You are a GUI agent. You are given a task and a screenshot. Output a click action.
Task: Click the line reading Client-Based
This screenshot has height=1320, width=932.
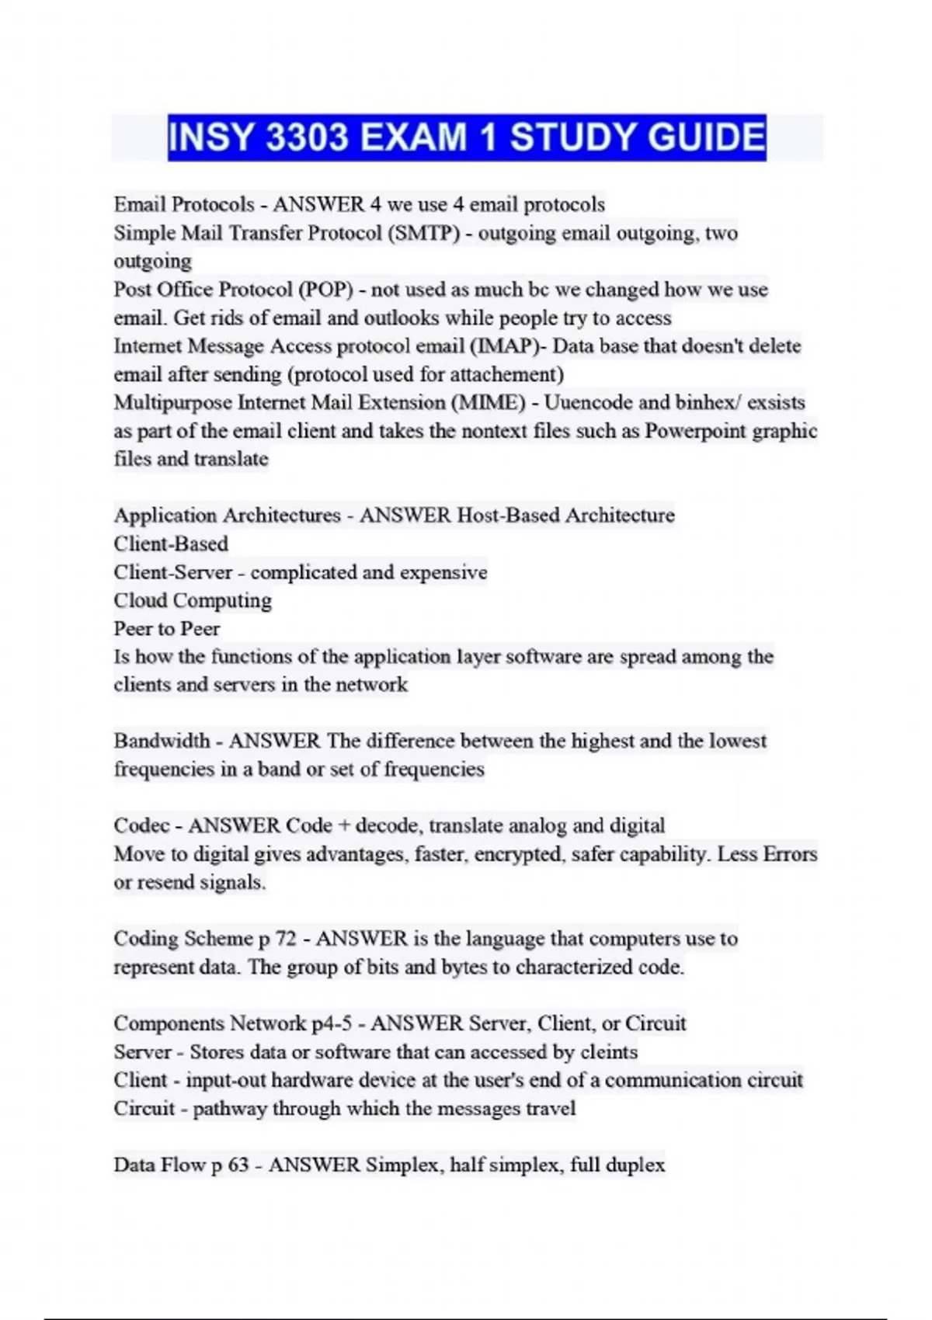171,544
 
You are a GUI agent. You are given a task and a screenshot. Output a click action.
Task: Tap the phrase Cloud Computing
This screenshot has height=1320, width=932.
193,600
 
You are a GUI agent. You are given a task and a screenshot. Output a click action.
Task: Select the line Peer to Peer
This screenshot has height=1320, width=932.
166,628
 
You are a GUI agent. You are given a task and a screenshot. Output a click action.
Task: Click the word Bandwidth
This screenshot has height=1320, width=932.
162,741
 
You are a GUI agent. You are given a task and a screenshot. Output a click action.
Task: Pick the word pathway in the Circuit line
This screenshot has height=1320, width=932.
228,1108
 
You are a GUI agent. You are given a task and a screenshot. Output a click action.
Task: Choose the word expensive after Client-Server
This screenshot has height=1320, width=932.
443,572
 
